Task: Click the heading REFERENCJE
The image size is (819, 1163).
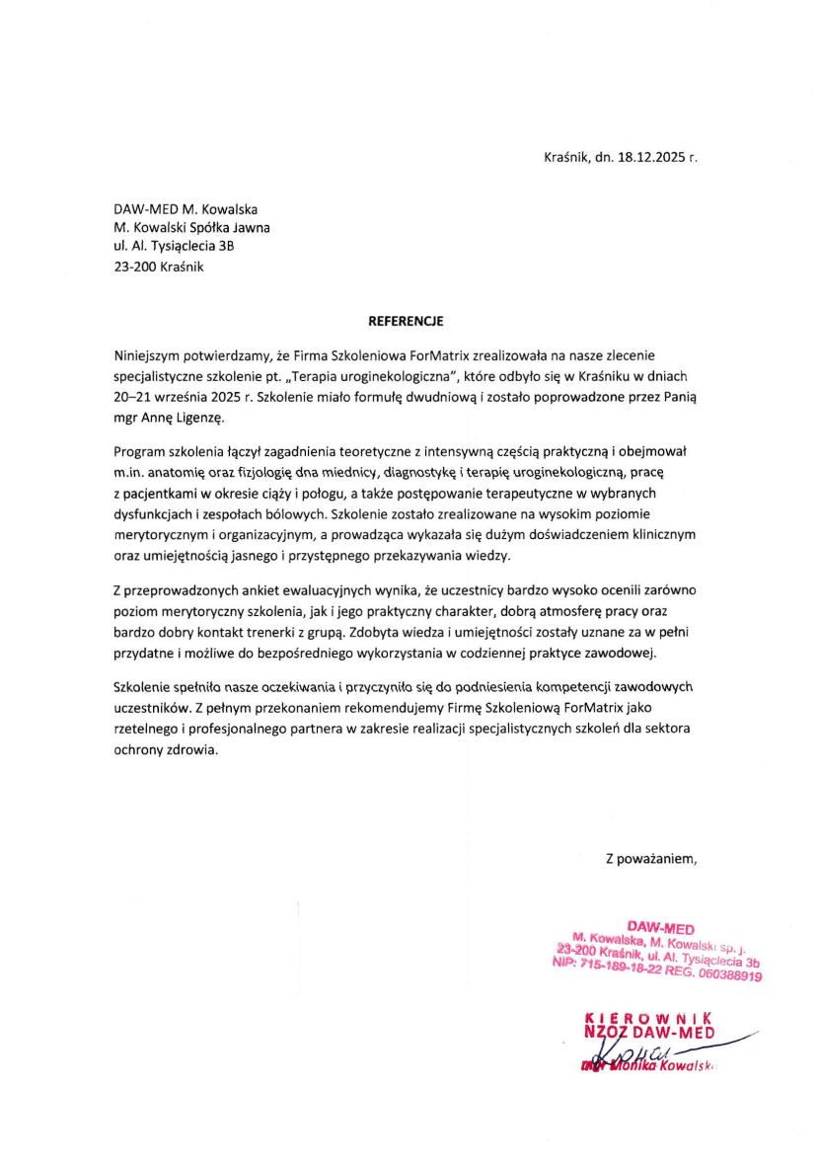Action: pos(406,321)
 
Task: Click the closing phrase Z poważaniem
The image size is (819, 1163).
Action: pos(651,858)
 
